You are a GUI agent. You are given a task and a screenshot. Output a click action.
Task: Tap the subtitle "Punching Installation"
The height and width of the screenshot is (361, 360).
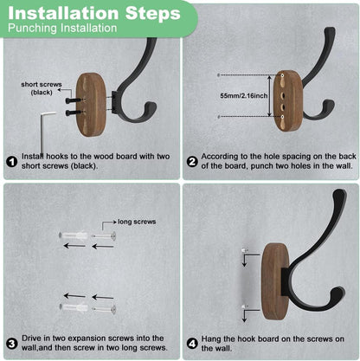(62, 29)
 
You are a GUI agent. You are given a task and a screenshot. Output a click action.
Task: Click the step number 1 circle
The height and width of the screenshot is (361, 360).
(12, 160)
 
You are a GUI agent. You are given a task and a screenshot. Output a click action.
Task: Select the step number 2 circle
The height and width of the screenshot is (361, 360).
(191, 160)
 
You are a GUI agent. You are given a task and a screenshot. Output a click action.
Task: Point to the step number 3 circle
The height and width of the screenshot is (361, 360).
(12, 342)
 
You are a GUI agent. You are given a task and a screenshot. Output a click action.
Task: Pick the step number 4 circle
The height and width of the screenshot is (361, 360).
(191, 342)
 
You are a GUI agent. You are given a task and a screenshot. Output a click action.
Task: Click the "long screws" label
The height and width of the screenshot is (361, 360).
(137, 222)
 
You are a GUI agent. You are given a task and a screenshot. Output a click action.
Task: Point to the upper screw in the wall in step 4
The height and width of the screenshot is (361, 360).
(246, 251)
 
